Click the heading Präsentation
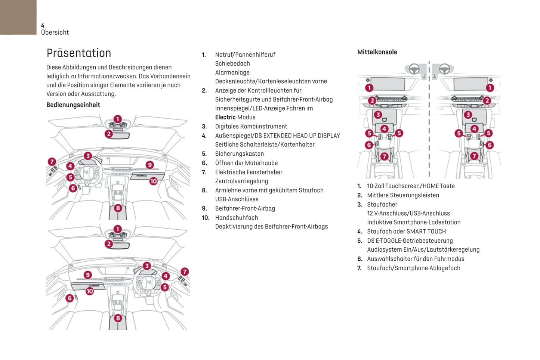click(x=78, y=53)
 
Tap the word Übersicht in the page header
click(x=55, y=32)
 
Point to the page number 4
click(x=43, y=25)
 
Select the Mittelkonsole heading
click(x=377, y=52)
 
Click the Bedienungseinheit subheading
click(x=73, y=105)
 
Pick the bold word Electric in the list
click(x=225, y=117)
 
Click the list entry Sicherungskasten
click(x=239, y=154)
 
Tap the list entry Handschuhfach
click(x=236, y=218)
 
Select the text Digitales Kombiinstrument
click(x=251, y=127)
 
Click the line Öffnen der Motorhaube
click(x=246, y=163)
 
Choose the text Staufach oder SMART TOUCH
click(x=406, y=232)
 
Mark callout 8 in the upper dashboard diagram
click(x=118, y=208)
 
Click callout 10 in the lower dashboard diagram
click(x=90, y=291)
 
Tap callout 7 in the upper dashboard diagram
click(x=52, y=162)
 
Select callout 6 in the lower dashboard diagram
click(x=70, y=298)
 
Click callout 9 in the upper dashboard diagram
click(x=149, y=165)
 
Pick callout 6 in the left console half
click(x=369, y=145)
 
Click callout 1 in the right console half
click(x=490, y=88)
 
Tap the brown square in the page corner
click(x=18, y=17)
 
